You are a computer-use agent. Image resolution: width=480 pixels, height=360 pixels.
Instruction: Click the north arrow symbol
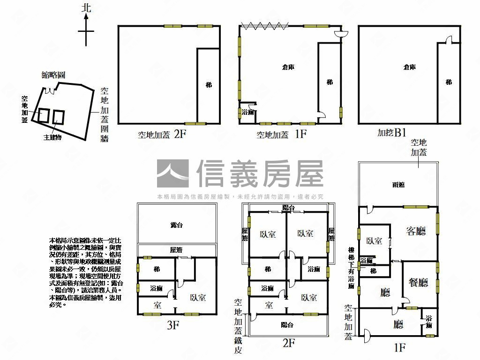coord(86,29)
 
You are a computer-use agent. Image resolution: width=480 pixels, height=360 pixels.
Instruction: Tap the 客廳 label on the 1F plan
coord(415,231)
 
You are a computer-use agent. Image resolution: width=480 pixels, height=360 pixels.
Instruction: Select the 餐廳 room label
coord(417,282)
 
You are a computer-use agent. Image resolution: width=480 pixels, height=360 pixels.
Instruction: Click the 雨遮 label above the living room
coord(398,185)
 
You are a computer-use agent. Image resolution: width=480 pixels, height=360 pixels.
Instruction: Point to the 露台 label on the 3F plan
coord(176,225)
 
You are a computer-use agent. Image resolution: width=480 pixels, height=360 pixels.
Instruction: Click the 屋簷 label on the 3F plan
coord(176,250)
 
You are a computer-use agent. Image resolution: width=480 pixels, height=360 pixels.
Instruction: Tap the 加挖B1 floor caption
coord(391,133)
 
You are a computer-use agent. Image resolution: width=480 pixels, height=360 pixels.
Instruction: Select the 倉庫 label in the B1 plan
coord(410,67)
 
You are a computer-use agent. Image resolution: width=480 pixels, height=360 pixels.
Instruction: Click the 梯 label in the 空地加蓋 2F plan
coord(209,85)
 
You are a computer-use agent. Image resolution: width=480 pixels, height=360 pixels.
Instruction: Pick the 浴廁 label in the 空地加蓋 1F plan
coord(247,112)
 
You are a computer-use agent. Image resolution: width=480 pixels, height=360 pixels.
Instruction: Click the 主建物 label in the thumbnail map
coord(53,138)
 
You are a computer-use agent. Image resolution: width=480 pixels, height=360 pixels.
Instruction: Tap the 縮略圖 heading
coord(52,75)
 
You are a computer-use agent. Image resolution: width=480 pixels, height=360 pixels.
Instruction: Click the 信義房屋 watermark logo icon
coord(172,173)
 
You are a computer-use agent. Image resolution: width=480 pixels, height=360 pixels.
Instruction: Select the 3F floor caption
coord(173,325)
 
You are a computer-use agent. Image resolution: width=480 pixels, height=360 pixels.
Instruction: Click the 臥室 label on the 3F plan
coord(198,297)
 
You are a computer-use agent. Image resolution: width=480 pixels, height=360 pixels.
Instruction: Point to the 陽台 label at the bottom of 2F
coord(287,325)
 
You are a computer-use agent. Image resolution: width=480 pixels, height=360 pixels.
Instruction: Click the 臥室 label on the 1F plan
coord(374,241)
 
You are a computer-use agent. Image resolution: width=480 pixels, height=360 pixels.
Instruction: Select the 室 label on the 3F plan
coord(157,305)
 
